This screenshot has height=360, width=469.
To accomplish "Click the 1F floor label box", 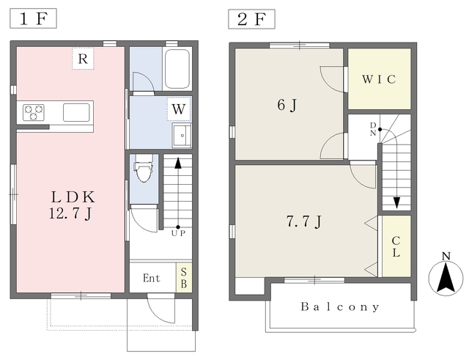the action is point(33,18).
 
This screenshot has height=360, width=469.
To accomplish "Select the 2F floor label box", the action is point(251,19).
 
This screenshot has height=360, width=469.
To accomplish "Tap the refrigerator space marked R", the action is point(83,59).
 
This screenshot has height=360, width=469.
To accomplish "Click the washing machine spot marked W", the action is point(179,109).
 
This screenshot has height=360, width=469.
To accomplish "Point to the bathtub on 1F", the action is point(177,69).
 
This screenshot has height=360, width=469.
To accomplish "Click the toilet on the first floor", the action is point(144,168).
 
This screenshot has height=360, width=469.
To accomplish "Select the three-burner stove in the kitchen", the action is point(34,112).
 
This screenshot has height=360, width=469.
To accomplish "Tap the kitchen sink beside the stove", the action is point(76,112).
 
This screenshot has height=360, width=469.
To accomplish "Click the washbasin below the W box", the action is point(182,136).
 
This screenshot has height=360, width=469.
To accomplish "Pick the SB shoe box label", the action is point(184,278).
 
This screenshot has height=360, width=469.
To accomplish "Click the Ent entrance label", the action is point(152,279).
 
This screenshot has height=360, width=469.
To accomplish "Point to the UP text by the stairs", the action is point(178,233).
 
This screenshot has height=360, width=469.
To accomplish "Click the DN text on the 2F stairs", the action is point(373,129).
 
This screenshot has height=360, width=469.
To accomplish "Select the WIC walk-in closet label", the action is point(379,79).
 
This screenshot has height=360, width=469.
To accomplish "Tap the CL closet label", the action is point(396,247).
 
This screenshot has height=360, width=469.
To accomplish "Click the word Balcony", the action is point(340,307).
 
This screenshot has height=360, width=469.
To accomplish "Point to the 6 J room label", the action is point(287,105).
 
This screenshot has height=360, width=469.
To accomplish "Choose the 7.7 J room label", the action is point(304,222).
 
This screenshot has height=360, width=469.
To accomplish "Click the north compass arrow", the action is point(446,277).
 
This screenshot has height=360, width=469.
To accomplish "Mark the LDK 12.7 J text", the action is point(72,205).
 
